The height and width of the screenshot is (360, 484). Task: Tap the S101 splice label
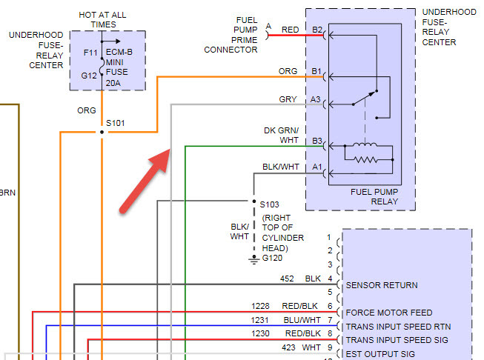click(x=116, y=123)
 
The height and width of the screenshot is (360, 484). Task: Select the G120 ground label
click(x=272, y=258)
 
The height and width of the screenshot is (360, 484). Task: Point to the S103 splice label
click(x=270, y=203)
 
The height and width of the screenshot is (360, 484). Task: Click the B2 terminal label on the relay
click(x=317, y=30)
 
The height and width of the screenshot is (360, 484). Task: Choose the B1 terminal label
click(x=317, y=72)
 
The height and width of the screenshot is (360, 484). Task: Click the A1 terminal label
click(x=317, y=167)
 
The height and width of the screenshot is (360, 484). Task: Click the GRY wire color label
click(x=288, y=99)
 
